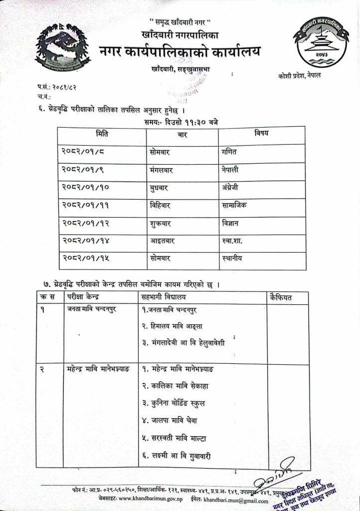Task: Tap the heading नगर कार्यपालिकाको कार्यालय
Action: tap(180, 51)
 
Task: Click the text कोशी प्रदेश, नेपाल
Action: tap(300, 75)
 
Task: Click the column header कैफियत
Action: tap(280, 297)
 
